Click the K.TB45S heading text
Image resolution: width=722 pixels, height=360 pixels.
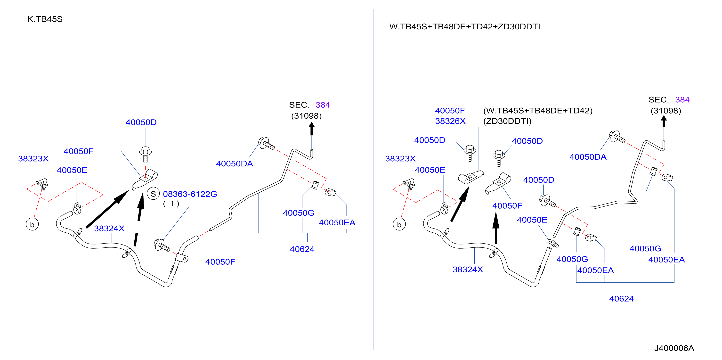tap(45, 19)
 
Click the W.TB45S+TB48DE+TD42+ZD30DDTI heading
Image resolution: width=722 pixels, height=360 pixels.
tap(464, 27)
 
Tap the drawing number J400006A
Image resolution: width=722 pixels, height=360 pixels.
tap(674, 348)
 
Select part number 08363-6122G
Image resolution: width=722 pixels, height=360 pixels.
tap(190, 194)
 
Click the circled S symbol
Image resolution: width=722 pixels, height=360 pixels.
tap(153, 194)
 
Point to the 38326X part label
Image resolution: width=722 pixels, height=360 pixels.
tap(450, 121)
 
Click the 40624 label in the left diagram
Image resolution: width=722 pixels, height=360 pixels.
tap(302, 249)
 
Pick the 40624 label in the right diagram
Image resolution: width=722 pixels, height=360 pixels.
tap(621, 299)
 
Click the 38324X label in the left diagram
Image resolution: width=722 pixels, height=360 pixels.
tap(109, 229)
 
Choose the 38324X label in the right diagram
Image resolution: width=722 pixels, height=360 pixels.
tap(468, 270)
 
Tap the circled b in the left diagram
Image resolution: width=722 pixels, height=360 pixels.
tap(32, 225)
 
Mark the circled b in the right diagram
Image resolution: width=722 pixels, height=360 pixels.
tap(399, 225)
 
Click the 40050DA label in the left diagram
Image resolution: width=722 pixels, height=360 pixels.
tap(234, 164)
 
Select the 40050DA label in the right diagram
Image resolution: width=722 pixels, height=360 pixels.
tap(588, 157)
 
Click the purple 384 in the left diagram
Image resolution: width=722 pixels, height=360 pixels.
tap(323, 105)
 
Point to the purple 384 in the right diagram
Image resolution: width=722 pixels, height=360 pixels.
tap(682, 100)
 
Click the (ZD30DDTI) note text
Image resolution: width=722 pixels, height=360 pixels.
tap(507, 121)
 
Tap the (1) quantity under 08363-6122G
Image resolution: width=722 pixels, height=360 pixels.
tap(171, 204)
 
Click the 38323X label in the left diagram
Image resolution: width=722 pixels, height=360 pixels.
tap(33, 159)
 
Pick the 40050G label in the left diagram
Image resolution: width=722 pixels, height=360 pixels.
tap(299, 213)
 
